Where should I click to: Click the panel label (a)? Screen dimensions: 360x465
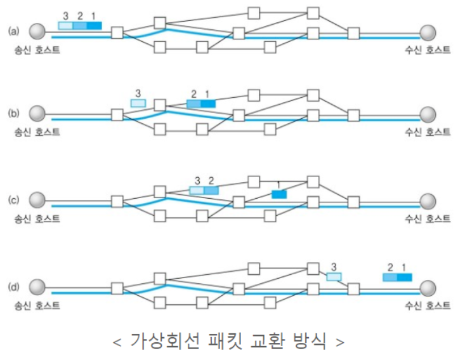click(13, 30)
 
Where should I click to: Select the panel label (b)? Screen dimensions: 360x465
click(13, 114)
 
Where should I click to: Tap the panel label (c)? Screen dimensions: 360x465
click(13, 201)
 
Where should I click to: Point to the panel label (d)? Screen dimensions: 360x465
click(13, 286)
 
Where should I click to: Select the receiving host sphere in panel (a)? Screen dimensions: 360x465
click(428, 32)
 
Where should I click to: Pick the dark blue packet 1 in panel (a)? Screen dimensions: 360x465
click(94, 25)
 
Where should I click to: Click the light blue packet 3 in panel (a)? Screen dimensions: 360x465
click(65, 25)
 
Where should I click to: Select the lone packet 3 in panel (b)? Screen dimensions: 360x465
click(138, 103)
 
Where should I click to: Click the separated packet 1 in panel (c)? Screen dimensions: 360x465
click(278, 194)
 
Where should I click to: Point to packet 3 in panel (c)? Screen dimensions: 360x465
click(197, 190)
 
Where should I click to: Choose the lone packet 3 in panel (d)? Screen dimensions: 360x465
click(334, 276)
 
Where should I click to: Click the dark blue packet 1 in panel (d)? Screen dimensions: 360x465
click(405, 277)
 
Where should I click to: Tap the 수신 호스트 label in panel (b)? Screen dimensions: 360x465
click(428, 131)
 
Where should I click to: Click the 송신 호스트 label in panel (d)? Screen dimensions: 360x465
click(39, 305)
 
